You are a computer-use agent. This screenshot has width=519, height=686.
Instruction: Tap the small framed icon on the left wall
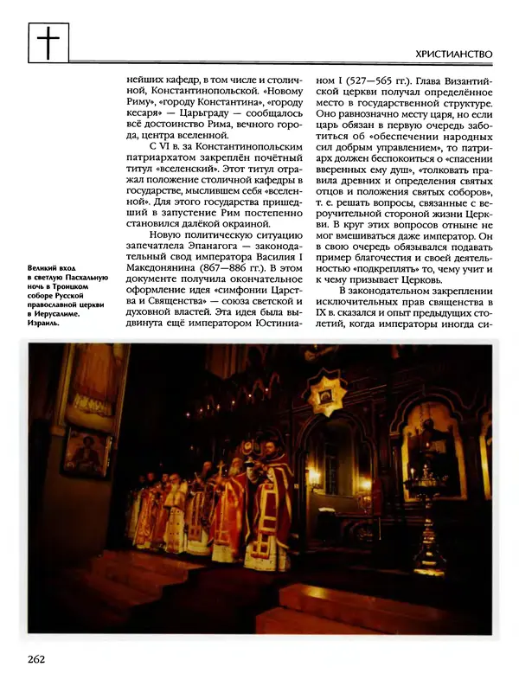point(87,452)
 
